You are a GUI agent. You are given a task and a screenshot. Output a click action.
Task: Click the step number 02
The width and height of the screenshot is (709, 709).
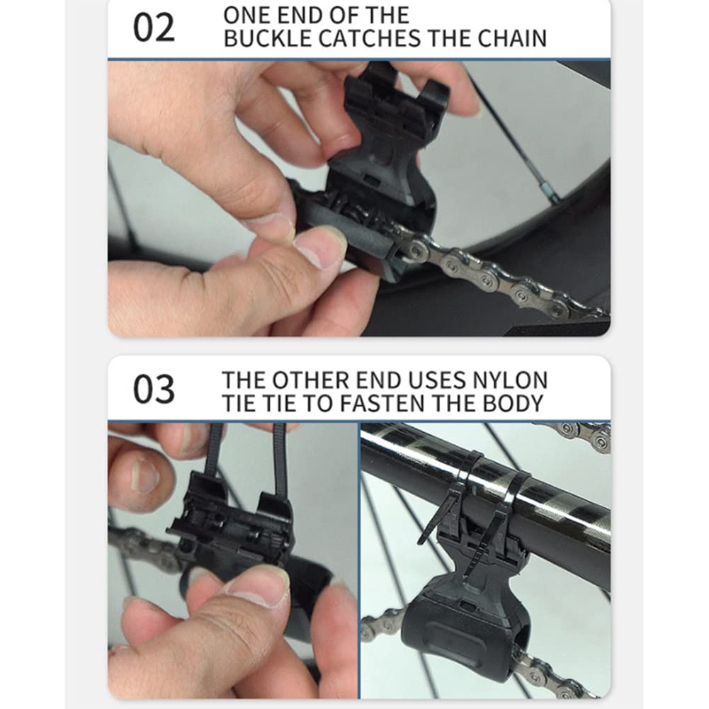[154, 28]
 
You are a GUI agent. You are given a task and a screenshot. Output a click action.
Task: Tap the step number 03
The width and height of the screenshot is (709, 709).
[154, 389]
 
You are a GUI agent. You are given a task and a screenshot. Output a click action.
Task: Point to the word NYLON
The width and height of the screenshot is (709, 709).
[510, 380]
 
